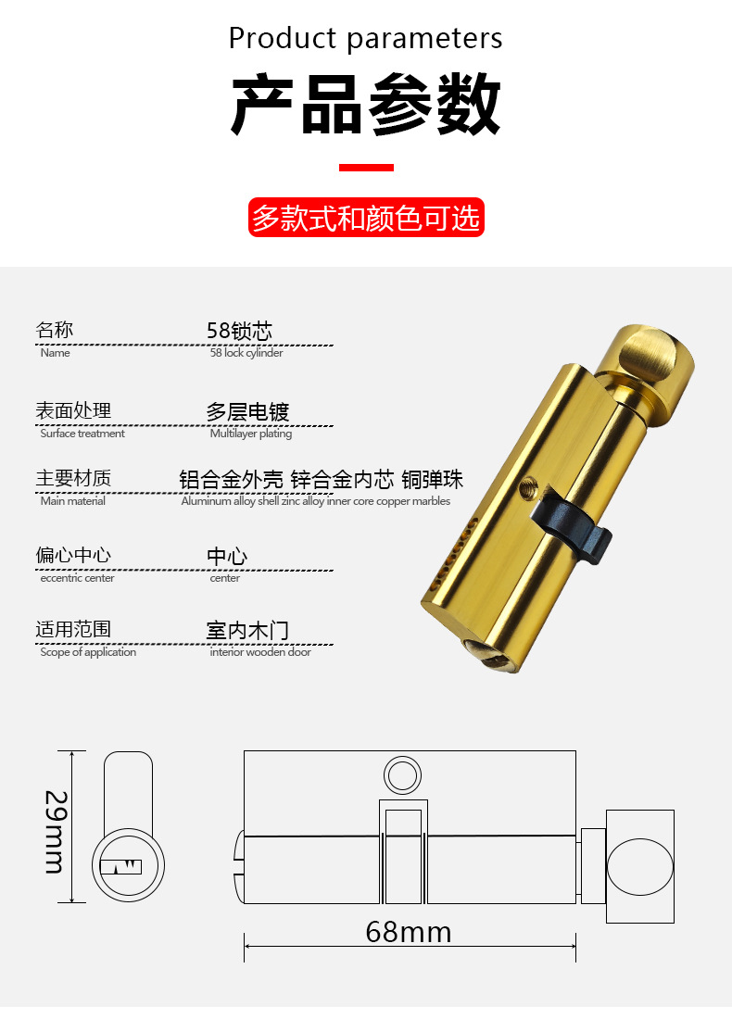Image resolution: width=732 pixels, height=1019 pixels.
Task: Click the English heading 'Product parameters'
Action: (365, 38)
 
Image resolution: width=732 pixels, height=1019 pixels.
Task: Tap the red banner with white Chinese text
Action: (366, 217)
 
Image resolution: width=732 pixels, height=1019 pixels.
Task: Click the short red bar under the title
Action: (366, 168)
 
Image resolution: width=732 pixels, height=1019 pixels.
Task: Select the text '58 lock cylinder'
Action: (246, 353)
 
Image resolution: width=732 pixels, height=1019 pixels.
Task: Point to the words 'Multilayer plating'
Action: (251, 434)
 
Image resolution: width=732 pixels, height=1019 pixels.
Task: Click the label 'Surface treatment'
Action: (82, 434)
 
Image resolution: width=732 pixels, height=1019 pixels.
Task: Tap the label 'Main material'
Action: (73, 501)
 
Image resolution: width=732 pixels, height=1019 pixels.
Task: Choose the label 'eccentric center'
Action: (77, 578)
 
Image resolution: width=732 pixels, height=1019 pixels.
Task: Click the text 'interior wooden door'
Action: (260, 652)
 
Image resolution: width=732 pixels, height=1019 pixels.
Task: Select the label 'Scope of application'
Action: (88, 652)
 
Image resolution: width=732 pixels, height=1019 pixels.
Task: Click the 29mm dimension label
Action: (56, 832)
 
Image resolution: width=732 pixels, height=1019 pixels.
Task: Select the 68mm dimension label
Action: (409, 932)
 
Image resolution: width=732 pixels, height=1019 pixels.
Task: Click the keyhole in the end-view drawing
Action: (120, 866)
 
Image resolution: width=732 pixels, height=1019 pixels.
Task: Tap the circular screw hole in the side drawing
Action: (402, 775)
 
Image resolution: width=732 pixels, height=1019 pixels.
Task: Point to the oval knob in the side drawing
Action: (640, 866)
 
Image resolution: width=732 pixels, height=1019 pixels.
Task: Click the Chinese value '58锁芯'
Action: (239, 331)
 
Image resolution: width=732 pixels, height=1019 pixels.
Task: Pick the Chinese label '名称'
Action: (55, 330)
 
